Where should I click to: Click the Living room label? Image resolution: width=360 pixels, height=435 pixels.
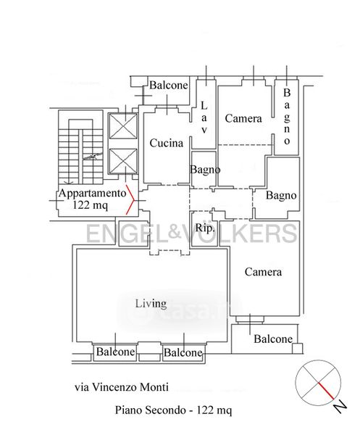click(151, 304)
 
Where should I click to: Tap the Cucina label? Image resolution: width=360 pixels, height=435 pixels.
click(167, 143)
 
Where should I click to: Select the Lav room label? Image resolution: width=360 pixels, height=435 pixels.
click(204, 117)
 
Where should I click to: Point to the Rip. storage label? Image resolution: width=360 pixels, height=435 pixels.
click(205, 228)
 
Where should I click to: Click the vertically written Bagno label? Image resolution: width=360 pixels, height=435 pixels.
click(287, 117)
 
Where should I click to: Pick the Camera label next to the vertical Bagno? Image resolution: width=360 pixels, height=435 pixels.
click(243, 118)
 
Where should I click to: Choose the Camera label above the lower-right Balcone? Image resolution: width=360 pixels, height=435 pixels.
click(263, 272)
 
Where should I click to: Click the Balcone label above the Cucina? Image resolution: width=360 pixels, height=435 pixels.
click(169, 85)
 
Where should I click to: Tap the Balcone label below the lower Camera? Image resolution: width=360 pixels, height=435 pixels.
click(273, 339)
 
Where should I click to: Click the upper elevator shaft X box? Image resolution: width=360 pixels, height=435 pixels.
click(122, 126)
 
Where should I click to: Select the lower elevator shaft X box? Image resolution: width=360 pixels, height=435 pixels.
click(122, 161)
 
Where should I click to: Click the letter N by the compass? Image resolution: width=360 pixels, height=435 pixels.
click(340, 407)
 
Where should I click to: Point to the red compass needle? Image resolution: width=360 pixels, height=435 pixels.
click(326, 391)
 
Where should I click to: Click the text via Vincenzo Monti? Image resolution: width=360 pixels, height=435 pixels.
click(122, 386)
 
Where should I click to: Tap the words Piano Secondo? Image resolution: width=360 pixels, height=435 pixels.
click(150, 410)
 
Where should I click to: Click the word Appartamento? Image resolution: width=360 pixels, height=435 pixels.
click(92, 194)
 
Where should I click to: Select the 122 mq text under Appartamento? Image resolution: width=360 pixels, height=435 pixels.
click(90, 205)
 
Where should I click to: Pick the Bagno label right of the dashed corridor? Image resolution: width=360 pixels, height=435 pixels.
click(281, 195)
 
